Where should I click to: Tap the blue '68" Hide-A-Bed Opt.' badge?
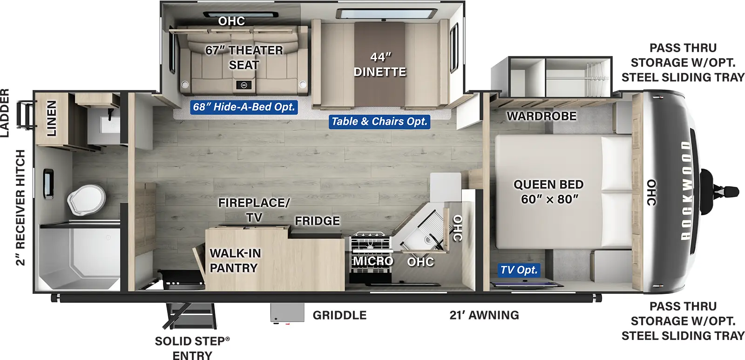click(x=244, y=107)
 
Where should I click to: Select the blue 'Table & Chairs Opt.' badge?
click(x=379, y=122)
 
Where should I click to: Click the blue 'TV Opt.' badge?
click(x=519, y=270)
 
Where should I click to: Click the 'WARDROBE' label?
click(x=541, y=116)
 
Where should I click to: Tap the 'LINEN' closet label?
click(x=51, y=118)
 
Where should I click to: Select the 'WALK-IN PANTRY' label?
click(x=234, y=260)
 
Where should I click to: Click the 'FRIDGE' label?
click(x=317, y=221)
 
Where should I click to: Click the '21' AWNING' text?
click(x=484, y=315)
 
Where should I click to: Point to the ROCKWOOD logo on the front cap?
click(x=686, y=191)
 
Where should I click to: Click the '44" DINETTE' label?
click(x=380, y=64)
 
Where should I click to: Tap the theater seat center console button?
click(x=244, y=85)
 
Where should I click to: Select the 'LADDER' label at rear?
click(x=5, y=113)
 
